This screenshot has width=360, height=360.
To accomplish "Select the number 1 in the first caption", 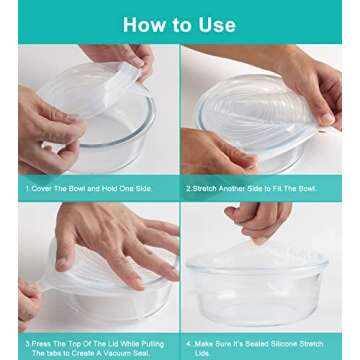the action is point(27,189).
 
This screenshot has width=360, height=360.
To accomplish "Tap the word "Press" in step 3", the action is point(40,344).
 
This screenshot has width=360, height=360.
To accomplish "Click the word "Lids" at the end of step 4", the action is point(201,353).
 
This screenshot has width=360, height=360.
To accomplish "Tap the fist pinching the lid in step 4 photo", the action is point(259,221).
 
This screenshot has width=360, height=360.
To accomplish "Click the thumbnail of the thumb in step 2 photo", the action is point(327,118).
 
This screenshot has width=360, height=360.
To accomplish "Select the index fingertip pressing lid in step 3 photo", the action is point(62,264).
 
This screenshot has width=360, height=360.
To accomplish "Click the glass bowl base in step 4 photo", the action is point(257,312).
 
